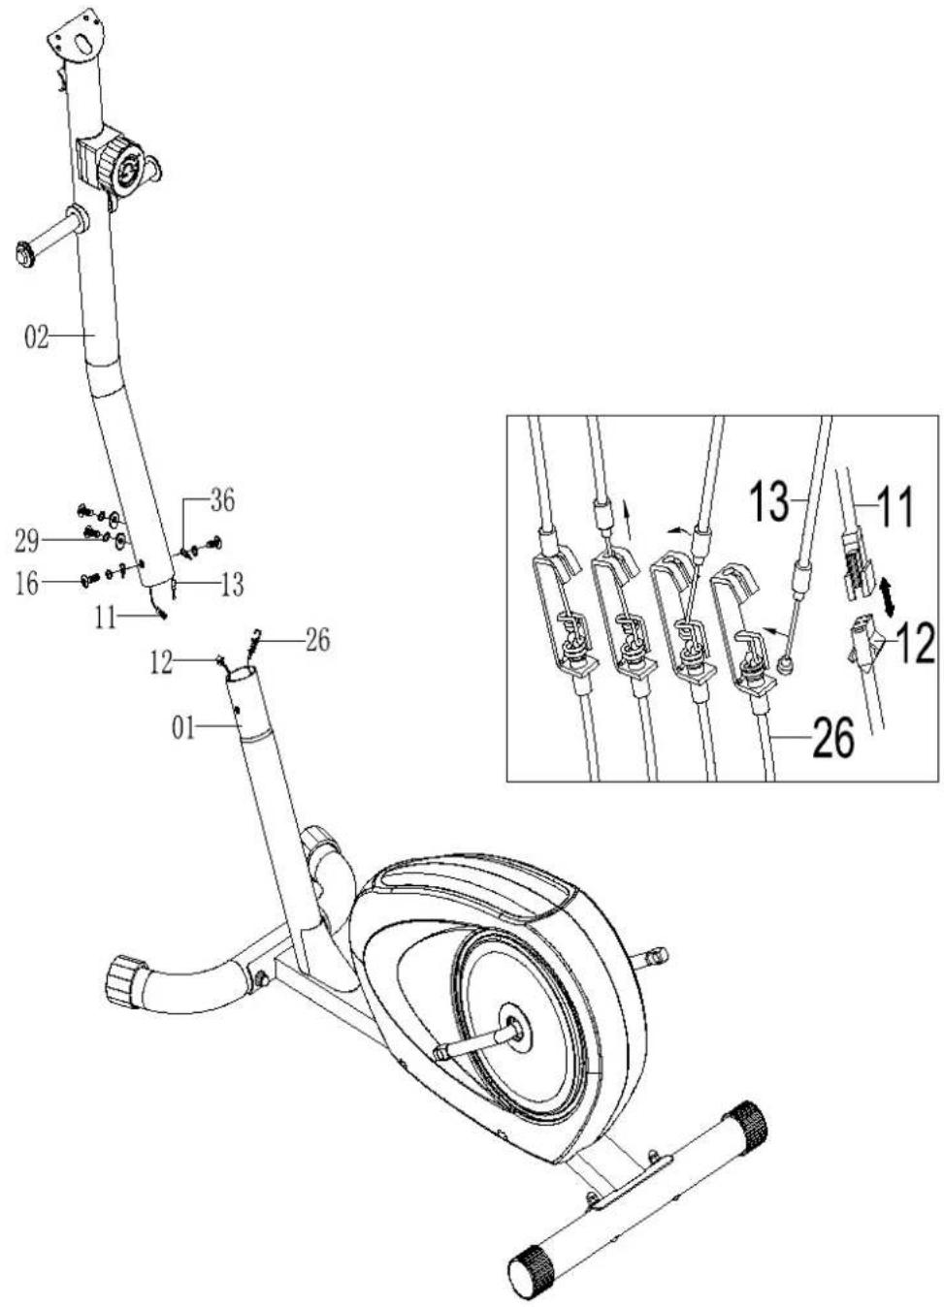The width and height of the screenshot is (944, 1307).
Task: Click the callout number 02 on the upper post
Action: [37, 337]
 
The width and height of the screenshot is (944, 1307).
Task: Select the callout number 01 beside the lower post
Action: [182, 728]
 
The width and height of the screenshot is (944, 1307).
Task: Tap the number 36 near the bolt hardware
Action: [222, 501]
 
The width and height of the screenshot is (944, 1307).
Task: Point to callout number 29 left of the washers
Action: [27, 543]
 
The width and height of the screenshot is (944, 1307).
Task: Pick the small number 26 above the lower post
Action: [317, 640]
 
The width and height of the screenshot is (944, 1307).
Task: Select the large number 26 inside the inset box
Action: [833, 738]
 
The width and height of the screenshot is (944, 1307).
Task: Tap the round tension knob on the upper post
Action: [126, 168]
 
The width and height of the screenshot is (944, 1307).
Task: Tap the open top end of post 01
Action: [242, 676]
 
